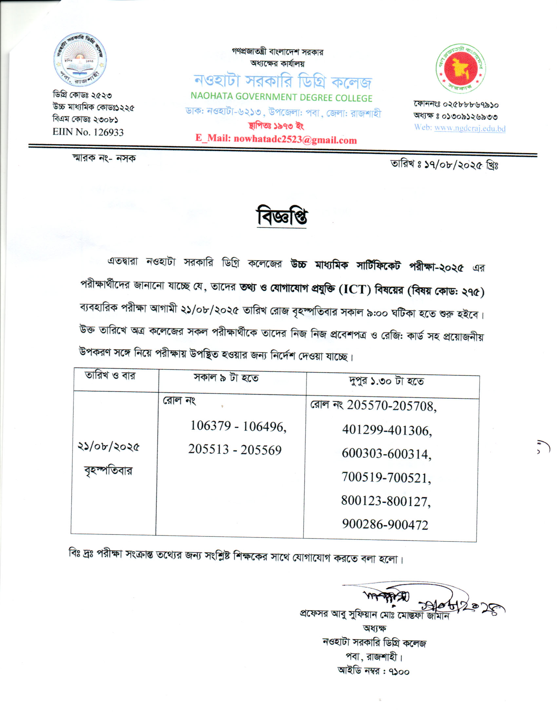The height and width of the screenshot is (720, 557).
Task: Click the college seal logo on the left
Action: [x=80, y=60]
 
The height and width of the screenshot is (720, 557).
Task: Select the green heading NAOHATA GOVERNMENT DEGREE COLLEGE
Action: [x=281, y=97]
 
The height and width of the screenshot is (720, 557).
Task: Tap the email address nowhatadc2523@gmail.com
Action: [x=295, y=139]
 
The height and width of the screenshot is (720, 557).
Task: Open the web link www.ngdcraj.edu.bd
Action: [x=470, y=128]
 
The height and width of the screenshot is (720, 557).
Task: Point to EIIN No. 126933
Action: [x=88, y=132]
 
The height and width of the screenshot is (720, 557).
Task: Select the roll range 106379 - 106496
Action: [x=238, y=426]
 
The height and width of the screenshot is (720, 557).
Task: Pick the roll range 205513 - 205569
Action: [x=235, y=450]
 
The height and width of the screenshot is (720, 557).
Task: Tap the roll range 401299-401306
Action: [x=387, y=430]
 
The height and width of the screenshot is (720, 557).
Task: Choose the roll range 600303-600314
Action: [x=386, y=454]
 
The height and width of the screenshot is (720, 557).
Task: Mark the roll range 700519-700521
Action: [x=386, y=477]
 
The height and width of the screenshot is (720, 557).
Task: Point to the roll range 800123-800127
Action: [x=386, y=501]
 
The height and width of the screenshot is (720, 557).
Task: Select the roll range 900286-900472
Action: [x=385, y=525]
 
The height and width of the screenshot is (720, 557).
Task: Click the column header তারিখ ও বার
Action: [x=110, y=376]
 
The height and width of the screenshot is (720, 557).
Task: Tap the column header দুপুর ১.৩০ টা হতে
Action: [x=386, y=381]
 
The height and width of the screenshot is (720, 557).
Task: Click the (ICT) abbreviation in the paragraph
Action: [x=355, y=290]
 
